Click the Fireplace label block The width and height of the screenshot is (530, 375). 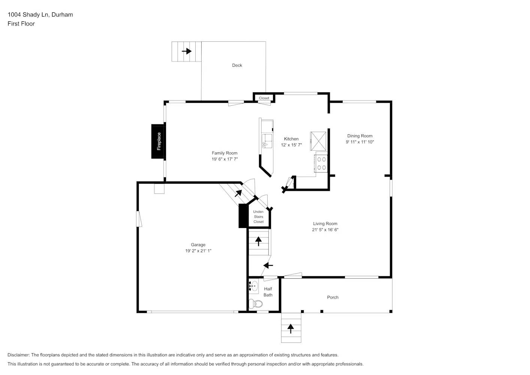[159, 141]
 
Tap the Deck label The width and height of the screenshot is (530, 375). [237, 65]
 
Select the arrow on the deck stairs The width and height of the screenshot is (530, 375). [187, 51]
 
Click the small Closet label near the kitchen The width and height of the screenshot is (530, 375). [264, 98]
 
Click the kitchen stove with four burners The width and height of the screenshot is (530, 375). [322, 163]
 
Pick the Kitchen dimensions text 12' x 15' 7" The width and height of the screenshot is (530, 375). [291, 145]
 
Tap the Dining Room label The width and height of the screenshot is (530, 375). [359, 136]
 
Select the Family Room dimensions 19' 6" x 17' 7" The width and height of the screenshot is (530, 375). [225, 159]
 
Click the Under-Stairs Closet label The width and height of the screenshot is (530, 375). [259, 217]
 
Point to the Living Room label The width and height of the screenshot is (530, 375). [325, 224]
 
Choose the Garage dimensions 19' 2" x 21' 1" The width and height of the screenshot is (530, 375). [198, 251]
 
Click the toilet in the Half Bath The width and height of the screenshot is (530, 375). [256, 303]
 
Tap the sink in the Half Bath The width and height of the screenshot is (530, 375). [254, 286]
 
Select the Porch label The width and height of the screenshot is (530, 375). [332, 297]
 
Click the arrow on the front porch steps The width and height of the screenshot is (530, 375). [291, 329]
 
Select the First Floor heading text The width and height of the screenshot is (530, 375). [21, 24]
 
